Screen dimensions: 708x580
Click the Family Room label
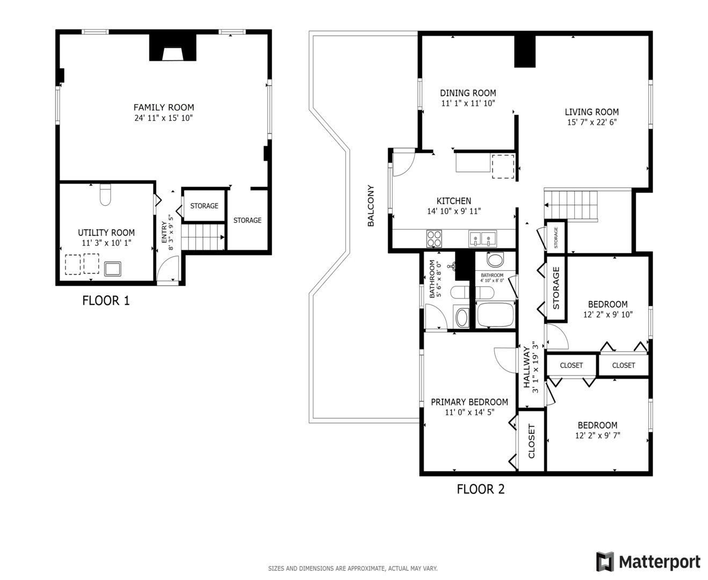click(x=164, y=107)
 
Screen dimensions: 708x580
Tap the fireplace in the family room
click(x=172, y=47)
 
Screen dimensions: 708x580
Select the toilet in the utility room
click(x=105, y=194)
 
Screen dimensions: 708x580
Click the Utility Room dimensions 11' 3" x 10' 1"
click(x=106, y=243)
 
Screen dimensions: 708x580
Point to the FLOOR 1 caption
click(x=106, y=300)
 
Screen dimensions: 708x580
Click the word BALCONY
click(x=371, y=205)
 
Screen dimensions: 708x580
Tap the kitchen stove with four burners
click(x=434, y=238)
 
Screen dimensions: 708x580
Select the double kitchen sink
click(x=482, y=238)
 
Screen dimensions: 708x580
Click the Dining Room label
click(x=468, y=93)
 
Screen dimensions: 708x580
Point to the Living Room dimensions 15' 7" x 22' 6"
click(x=592, y=122)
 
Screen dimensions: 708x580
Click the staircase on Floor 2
click(x=571, y=205)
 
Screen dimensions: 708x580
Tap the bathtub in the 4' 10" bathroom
click(x=495, y=315)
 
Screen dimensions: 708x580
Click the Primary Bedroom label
click(x=469, y=402)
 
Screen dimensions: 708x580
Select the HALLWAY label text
click(x=527, y=367)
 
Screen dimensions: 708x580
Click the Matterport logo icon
click(x=605, y=562)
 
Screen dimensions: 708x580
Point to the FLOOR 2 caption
click(x=481, y=489)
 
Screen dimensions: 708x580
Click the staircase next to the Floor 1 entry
click(x=203, y=237)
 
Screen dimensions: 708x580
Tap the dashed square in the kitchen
click(x=503, y=166)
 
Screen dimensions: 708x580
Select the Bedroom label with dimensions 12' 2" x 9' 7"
click(x=597, y=425)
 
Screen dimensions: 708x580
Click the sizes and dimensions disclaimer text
click(x=353, y=568)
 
